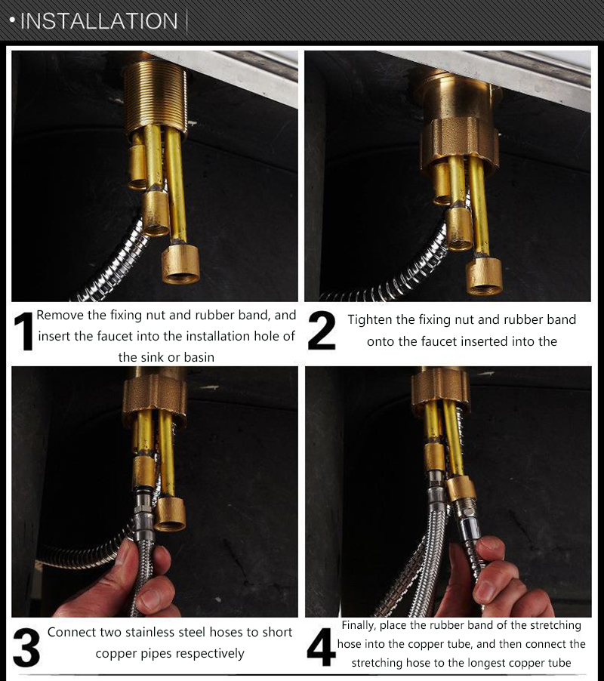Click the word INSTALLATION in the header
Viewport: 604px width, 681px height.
[99, 21]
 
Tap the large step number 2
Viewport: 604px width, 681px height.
[322, 331]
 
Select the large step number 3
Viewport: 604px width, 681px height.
[26, 648]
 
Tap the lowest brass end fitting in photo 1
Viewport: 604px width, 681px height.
[180, 264]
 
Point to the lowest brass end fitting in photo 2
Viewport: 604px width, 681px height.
[484, 276]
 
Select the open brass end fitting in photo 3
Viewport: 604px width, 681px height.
[170, 515]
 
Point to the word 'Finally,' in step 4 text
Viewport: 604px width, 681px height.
[358, 626]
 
